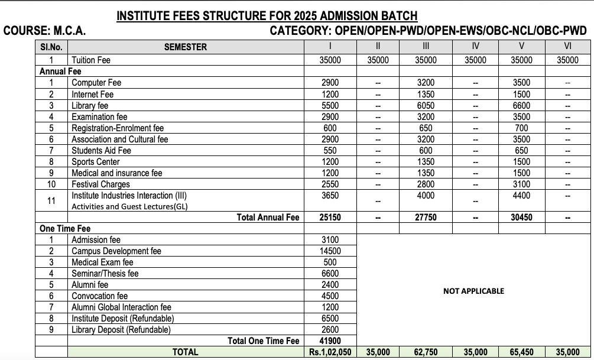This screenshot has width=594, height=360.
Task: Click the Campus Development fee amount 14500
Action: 330,251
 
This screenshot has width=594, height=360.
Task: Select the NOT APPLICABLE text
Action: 473,291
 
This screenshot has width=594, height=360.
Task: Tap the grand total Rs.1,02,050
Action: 330,352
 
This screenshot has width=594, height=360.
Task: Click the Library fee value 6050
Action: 426,105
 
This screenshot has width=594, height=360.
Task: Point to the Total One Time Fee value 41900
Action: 330,340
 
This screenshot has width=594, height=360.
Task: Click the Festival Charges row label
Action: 100,184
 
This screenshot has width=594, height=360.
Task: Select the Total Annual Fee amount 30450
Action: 521,217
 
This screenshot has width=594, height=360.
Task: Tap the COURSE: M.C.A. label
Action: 45,31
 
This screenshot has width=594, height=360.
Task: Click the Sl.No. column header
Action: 51,47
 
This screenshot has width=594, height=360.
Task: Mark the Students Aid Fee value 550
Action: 330,150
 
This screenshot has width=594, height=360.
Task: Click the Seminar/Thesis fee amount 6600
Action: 330,273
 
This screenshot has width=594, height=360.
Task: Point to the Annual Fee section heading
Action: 60,72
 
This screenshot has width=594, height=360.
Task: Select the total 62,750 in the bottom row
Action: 426,352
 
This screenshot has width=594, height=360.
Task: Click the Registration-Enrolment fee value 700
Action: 521,128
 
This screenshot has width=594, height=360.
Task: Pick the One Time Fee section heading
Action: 65,228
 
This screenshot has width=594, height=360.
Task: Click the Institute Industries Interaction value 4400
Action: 521,195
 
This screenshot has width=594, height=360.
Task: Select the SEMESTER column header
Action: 185,47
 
